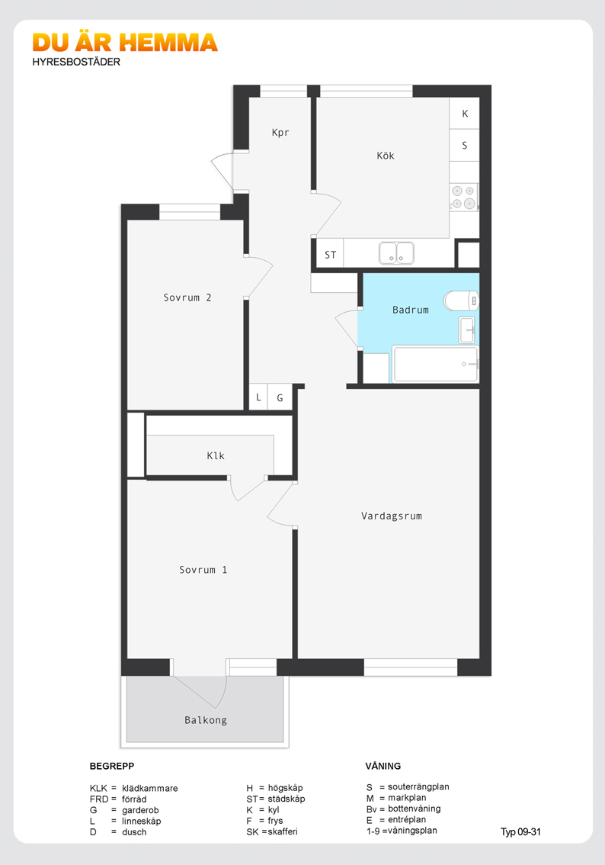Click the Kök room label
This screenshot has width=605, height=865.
(385, 156)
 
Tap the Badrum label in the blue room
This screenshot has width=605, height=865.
(410, 310)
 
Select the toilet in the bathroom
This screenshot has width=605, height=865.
(461, 302)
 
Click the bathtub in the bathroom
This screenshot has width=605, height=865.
(435, 364)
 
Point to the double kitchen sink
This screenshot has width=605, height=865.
(396, 253)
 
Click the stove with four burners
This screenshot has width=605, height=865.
(463, 197)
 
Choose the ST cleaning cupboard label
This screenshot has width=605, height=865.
(330, 255)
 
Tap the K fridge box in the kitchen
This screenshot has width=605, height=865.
(464, 114)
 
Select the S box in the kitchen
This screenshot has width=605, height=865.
(464, 145)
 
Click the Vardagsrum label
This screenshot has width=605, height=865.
(391, 516)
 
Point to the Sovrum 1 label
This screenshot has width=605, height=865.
(203, 570)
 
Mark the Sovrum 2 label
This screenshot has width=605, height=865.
(187, 298)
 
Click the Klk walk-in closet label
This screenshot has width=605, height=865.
(216, 455)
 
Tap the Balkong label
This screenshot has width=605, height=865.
(206, 720)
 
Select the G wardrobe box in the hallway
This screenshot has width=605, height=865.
(280, 397)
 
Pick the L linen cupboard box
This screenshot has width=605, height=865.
(258, 397)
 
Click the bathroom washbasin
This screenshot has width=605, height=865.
(466, 330)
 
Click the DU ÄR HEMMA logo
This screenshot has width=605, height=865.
(125, 43)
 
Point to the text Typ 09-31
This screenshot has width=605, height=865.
(520, 832)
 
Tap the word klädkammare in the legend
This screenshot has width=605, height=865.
(150, 788)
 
